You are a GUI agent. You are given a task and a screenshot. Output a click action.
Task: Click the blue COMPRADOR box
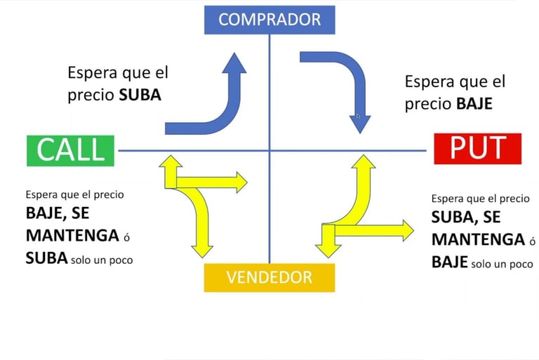coord(269,19)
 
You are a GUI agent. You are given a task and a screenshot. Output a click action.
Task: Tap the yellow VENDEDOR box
coord(269,277)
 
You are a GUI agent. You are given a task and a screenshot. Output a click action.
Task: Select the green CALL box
coord(70,149)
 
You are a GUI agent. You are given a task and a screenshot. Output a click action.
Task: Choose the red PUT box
coord(477,148)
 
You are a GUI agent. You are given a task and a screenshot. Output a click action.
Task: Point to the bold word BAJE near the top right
coord(474,104)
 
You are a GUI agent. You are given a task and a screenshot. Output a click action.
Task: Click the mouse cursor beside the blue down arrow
coord(358,116)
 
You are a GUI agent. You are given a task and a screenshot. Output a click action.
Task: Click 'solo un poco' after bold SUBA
coord(102,260)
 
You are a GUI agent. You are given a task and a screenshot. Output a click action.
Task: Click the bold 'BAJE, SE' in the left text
coord(58,212)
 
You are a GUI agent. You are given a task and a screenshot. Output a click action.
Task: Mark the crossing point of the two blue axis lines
coord(269,150)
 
